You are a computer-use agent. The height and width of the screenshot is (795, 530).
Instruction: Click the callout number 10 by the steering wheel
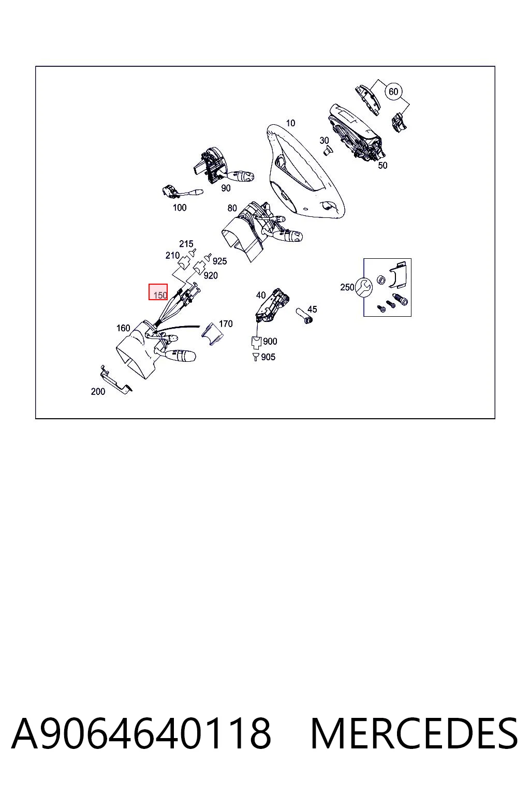(x=290, y=123)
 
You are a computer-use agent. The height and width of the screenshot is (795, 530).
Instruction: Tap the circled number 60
(x=393, y=92)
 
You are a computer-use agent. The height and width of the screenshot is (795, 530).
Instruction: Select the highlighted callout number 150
(x=160, y=295)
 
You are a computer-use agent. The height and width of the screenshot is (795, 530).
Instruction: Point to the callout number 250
(x=347, y=287)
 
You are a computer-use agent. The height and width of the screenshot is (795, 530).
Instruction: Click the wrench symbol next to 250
(x=363, y=287)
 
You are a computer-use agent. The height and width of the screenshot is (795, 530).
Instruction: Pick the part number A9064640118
(x=141, y=733)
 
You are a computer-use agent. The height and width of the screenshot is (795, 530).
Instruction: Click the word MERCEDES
(x=414, y=733)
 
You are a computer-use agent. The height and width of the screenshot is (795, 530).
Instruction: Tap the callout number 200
(x=98, y=391)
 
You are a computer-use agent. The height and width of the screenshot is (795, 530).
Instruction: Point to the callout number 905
(x=268, y=357)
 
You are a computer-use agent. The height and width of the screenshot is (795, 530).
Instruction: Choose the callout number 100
(x=180, y=208)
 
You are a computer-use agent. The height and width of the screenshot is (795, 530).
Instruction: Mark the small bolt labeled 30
(x=327, y=151)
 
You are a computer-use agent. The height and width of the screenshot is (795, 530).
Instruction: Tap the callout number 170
(x=226, y=323)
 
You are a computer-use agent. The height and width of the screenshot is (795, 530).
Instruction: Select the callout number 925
(x=220, y=261)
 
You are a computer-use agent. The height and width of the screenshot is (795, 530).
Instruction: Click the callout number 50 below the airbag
(x=382, y=166)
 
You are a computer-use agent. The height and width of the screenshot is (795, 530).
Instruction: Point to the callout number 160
(x=123, y=328)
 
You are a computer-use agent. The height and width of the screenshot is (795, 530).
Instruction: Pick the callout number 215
(x=186, y=244)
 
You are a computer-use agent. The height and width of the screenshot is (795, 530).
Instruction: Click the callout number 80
(x=232, y=208)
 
